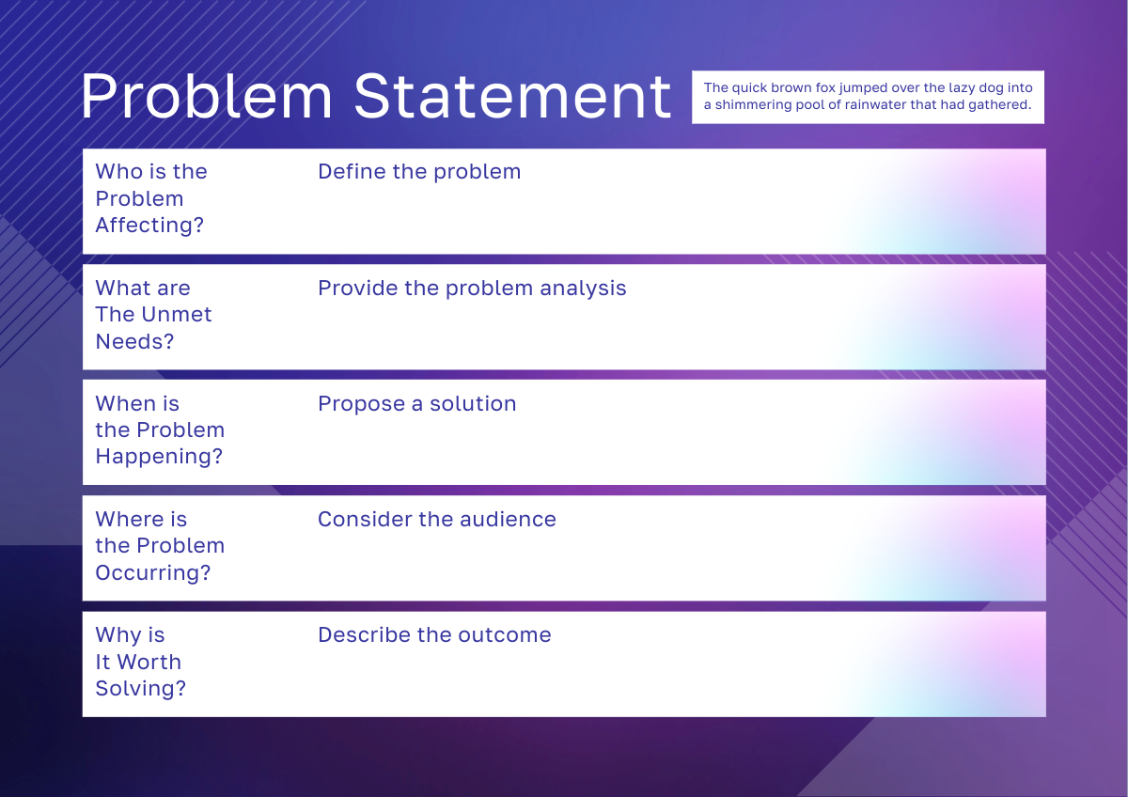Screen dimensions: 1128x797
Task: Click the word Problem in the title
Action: click(x=207, y=96)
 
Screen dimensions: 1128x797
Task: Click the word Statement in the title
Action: click(x=512, y=96)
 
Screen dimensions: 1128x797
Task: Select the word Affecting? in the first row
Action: click(x=149, y=225)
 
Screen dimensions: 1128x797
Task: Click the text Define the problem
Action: click(x=419, y=172)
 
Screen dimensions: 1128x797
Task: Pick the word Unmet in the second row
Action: click(x=176, y=315)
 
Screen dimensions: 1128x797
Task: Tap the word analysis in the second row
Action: click(x=583, y=289)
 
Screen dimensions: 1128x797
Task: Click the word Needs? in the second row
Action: click(x=135, y=341)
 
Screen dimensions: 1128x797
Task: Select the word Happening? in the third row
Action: click(x=159, y=457)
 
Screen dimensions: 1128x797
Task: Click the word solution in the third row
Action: click(x=473, y=404)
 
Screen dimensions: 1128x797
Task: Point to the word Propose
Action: click(x=362, y=405)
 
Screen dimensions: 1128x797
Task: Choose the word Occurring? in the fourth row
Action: click(x=153, y=573)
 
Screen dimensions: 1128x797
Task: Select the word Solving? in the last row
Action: click(x=140, y=689)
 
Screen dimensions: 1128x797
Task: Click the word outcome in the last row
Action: click(x=505, y=635)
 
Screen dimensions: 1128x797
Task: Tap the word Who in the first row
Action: click(x=115, y=172)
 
